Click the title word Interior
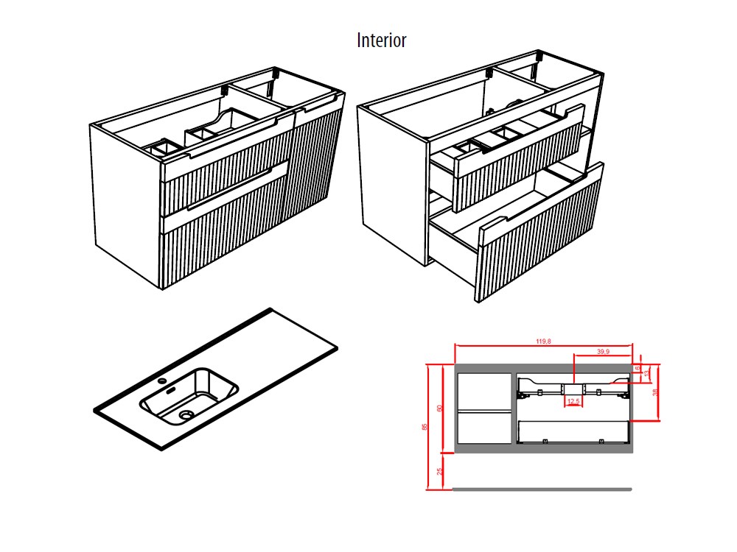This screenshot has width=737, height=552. [381, 40]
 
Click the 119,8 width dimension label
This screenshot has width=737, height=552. [545, 341]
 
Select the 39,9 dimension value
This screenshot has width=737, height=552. [602, 352]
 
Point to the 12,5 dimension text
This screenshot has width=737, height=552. [574, 401]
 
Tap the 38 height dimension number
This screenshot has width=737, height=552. [655, 392]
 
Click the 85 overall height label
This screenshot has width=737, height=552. [425, 427]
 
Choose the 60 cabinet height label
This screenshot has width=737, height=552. [439, 408]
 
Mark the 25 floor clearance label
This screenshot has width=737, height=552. [439, 470]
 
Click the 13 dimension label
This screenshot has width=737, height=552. [646, 374]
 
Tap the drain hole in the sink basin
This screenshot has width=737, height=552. [185, 415]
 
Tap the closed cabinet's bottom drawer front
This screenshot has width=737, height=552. [221, 236]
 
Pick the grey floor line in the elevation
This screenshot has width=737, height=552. [542, 489]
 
